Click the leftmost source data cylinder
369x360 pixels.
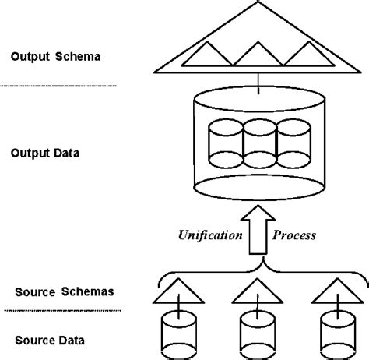[x=177, y=331]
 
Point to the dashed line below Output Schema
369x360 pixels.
[x=58, y=85]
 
